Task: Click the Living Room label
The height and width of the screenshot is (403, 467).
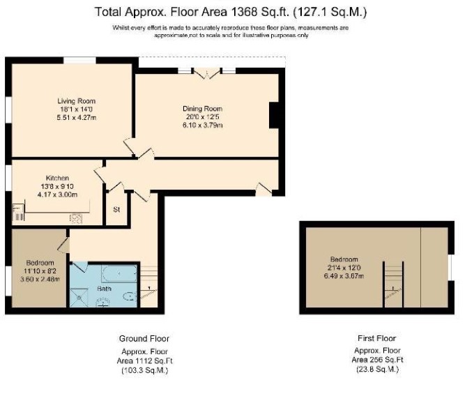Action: (x=77, y=101)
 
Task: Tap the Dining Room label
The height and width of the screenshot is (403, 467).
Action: (x=203, y=109)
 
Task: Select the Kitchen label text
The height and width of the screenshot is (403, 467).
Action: (x=57, y=178)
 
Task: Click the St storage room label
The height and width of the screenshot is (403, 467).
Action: (x=116, y=209)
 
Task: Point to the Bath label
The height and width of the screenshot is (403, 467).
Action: (x=105, y=289)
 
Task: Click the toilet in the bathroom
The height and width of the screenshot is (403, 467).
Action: (x=130, y=296)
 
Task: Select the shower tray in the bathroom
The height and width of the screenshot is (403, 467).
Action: (x=79, y=297)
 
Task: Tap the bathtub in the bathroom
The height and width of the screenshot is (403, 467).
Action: (x=119, y=273)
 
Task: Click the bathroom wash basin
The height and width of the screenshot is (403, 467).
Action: (x=103, y=303)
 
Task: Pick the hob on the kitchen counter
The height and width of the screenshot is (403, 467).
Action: (x=76, y=219)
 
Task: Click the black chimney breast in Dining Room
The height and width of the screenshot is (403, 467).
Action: (x=273, y=115)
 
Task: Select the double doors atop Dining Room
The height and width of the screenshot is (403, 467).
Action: (x=207, y=73)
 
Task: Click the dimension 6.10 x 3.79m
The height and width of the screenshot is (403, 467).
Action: (x=203, y=125)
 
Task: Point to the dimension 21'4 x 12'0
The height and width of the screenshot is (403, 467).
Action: (x=344, y=268)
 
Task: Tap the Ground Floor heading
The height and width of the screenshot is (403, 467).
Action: (x=144, y=339)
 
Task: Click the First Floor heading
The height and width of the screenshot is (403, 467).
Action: (x=377, y=338)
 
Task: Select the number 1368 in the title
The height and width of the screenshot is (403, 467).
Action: (x=244, y=12)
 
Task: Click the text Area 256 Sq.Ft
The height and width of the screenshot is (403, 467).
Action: (x=377, y=360)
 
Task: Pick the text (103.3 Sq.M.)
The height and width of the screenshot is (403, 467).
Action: (x=145, y=370)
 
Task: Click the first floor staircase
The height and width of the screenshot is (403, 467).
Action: (x=393, y=284)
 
